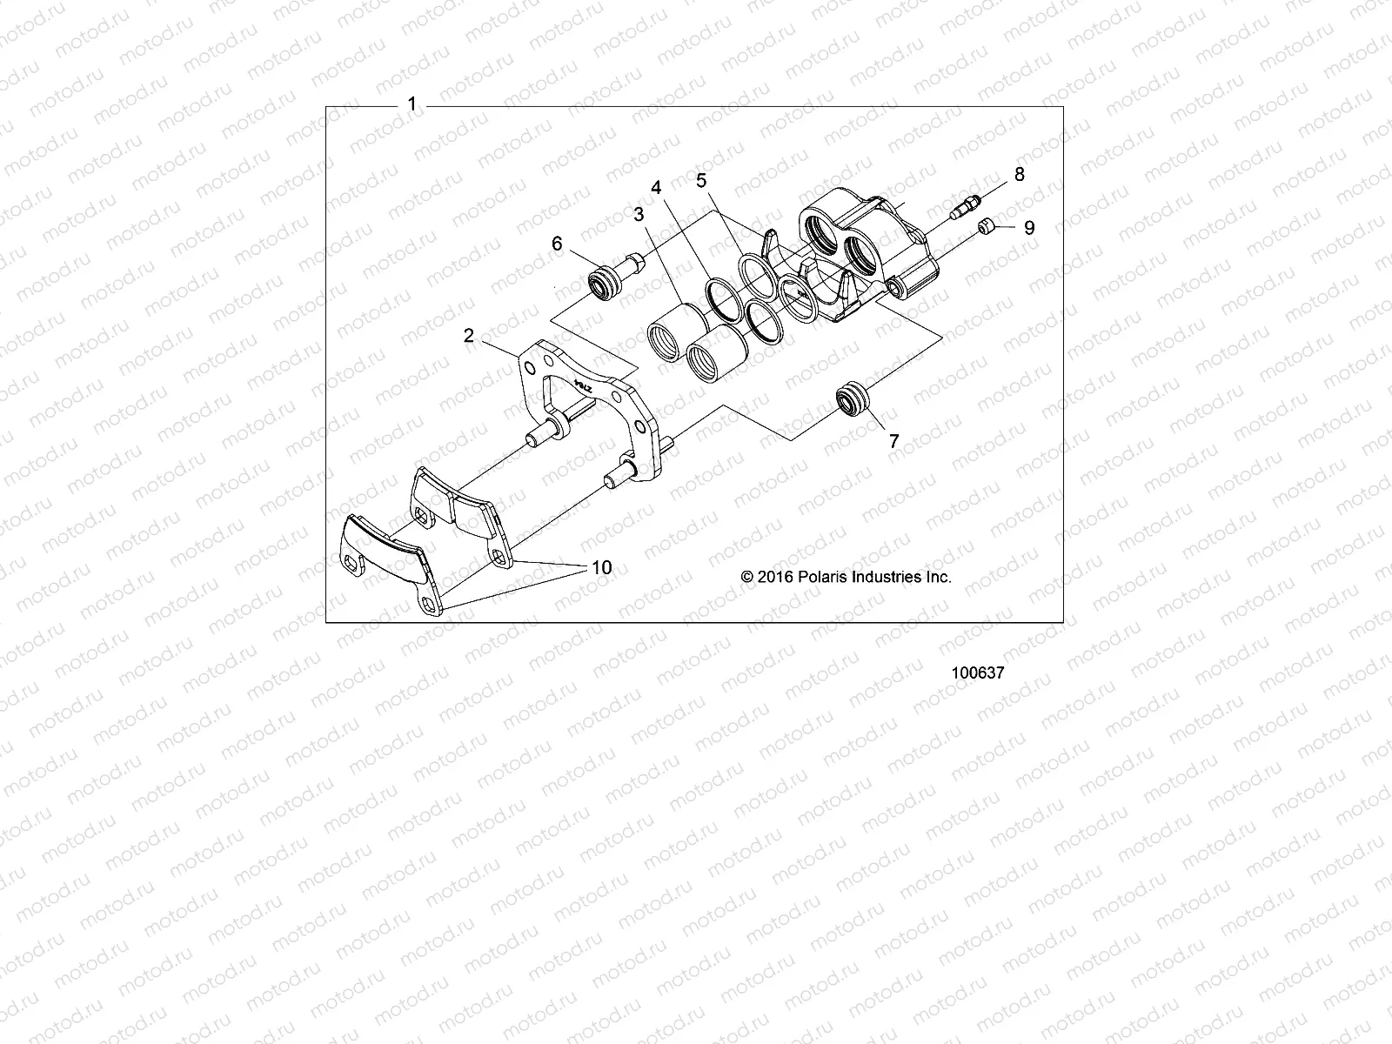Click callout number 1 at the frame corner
[412, 105]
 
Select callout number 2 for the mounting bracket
[469, 336]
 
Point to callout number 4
[656, 187]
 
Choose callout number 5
[701, 180]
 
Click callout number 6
[558, 244]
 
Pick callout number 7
[893, 442]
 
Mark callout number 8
[1020, 174]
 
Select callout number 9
[1029, 228]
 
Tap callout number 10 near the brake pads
[601, 567]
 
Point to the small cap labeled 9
[985, 228]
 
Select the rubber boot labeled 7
[851, 400]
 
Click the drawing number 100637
[979, 673]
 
